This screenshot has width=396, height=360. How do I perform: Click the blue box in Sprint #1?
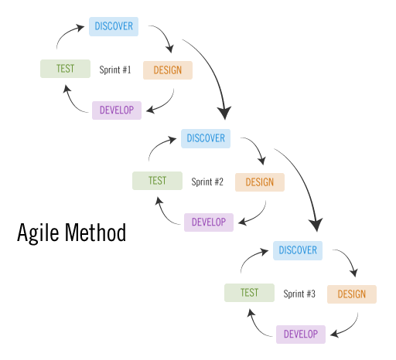click(x=114, y=26)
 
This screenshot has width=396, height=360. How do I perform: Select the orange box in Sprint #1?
click(x=167, y=70)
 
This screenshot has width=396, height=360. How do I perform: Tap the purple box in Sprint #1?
click(x=117, y=110)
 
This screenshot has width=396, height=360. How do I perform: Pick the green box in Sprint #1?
click(x=65, y=69)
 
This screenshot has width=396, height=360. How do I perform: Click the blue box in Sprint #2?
click(x=206, y=138)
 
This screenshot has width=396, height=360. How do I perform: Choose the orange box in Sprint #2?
click(x=259, y=182)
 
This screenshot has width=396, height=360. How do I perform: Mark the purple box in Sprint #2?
click(x=209, y=222)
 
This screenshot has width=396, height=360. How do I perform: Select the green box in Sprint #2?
click(x=157, y=181)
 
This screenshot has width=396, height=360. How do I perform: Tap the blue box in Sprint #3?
click(x=298, y=250)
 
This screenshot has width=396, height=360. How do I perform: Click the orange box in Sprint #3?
click(x=351, y=294)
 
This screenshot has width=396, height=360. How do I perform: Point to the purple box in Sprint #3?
click(x=301, y=335)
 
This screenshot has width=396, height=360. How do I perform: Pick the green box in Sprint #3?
click(x=249, y=293)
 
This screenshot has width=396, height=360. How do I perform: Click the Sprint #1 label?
click(x=115, y=70)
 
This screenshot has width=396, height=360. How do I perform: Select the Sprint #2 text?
click(x=207, y=182)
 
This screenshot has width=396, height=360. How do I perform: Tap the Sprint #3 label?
click(x=299, y=294)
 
